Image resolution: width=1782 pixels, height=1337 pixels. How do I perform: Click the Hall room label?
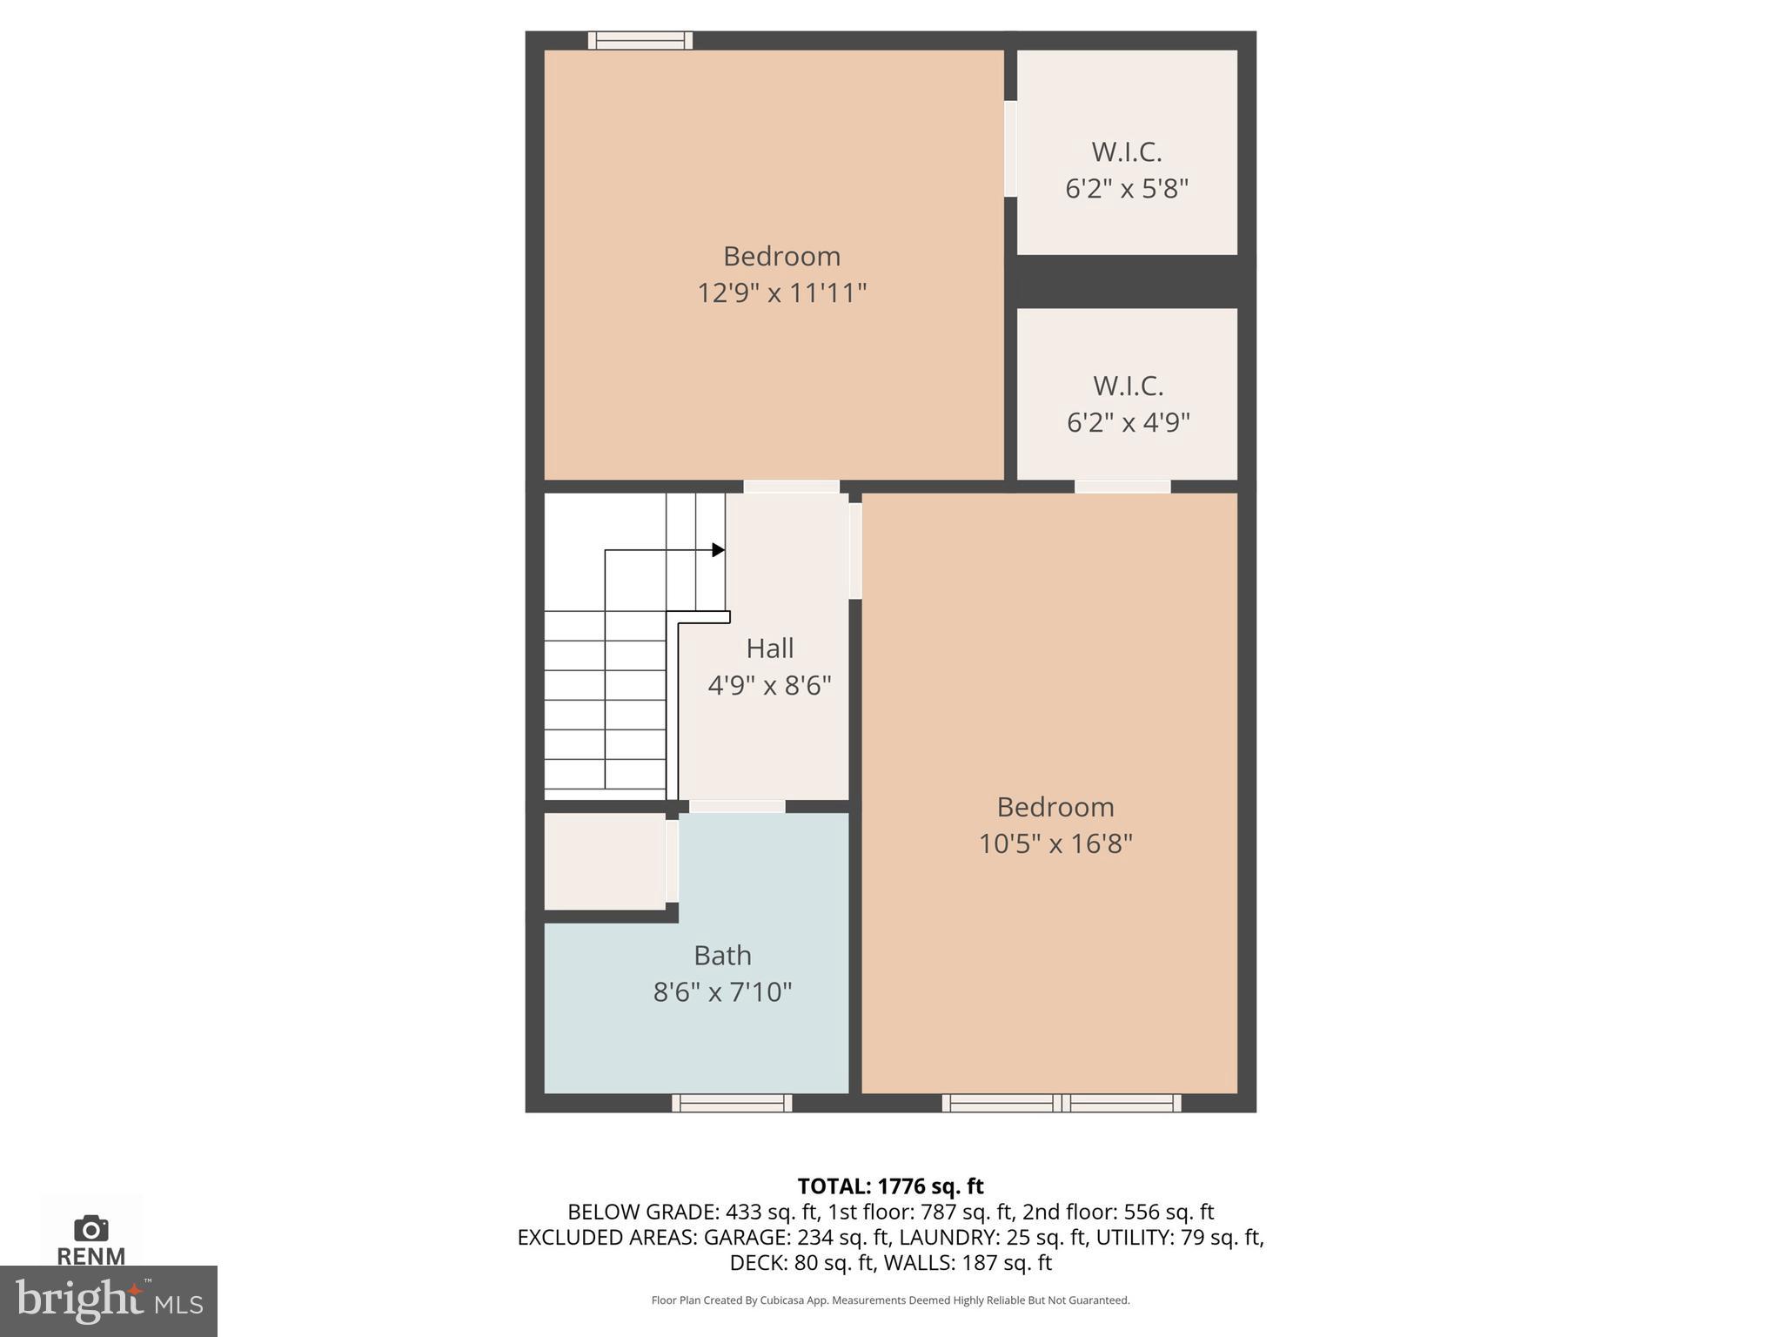coord(769,648)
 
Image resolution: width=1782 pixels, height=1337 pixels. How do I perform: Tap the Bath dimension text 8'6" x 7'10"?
coord(722,992)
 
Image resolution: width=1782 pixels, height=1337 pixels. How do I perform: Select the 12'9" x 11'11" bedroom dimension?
coord(781,292)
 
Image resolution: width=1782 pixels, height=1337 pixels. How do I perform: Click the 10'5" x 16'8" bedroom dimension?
coord(1055,843)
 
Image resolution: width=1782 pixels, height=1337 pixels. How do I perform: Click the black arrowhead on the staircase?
coord(718,549)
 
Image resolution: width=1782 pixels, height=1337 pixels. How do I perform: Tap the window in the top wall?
coord(640,40)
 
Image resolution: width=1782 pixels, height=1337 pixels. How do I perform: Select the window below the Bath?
coord(732,1103)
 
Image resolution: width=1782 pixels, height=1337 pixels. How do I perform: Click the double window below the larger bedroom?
coord(1062,1103)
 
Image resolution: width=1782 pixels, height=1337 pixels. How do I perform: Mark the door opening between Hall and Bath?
coord(737,807)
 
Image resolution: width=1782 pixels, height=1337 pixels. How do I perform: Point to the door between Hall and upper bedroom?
coord(791,487)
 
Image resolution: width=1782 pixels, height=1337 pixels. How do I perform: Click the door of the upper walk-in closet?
coord(1010,149)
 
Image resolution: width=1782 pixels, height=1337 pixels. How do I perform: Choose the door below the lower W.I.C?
coord(1122,487)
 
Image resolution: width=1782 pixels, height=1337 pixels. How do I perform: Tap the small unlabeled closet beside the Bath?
coord(605,861)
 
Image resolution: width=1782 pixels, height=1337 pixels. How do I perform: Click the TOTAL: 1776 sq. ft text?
coord(890,1186)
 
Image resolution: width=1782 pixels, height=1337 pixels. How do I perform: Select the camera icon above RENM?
coord(90,1228)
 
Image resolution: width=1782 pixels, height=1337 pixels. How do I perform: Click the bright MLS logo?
coord(108,1300)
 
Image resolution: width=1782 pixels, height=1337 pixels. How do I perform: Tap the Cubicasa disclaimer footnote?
coord(890,1300)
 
